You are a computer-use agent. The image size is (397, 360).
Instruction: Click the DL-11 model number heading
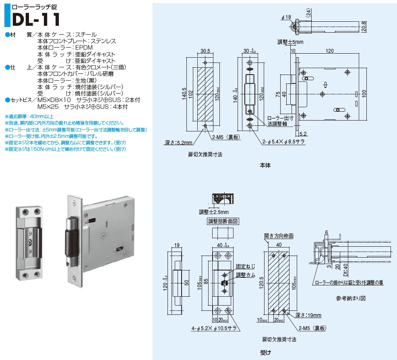click(x=36, y=19)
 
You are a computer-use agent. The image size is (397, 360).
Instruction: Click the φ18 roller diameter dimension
click(x=286, y=17)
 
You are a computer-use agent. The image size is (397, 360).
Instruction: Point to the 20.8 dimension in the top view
click(x=364, y=26)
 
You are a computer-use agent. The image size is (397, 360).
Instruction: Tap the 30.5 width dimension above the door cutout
click(x=205, y=51)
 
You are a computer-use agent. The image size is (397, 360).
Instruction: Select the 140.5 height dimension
click(x=184, y=94)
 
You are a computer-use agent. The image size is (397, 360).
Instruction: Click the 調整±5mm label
click(x=290, y=42)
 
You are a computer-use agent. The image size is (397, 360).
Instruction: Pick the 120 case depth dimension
click(x=329, y=51)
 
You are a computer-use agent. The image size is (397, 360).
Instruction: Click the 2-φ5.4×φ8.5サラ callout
click(x=283, y=142)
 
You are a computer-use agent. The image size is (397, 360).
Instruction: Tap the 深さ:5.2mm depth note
click(x=178, y=142)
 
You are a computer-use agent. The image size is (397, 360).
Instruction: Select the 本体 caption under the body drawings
click(x=265, y=165)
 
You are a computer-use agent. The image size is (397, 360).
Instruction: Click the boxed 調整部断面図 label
click(x=223, y=221)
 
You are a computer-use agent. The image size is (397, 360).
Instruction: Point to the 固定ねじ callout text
click(x=245, y=266)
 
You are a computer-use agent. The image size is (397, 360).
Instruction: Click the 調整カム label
click(x=245, y=275)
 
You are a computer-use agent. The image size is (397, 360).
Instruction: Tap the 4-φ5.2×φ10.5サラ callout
click(x=214, y=328)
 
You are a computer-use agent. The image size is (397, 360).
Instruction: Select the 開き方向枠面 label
click(x=279, y=236)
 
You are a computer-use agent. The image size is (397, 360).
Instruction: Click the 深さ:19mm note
click(x=308, y=315)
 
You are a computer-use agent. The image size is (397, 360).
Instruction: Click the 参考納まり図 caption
click(x=351, y=298)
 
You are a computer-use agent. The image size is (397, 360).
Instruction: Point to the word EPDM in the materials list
click(x=84, y=48)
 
